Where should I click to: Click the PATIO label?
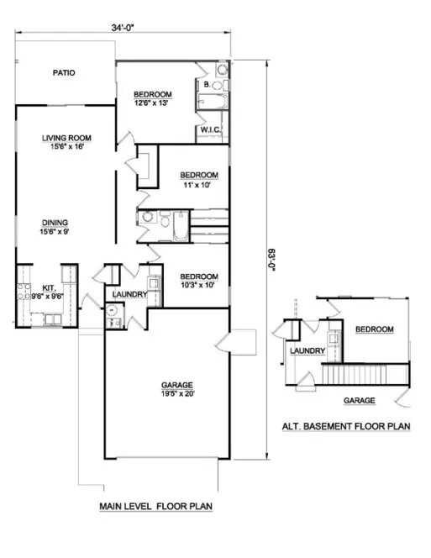click(x=64, y=73)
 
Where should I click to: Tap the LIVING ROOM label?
click(x=67, y=138)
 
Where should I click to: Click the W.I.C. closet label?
click(x=210, y=129)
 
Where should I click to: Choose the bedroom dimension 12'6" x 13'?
click(x=153, y=103)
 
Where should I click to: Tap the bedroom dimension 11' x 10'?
click(x=199, y=185)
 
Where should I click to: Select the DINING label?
click(x=56, y=223)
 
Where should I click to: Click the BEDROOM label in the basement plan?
click(x=373, y=329)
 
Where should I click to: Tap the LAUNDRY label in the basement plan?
click(x=307, y=351)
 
